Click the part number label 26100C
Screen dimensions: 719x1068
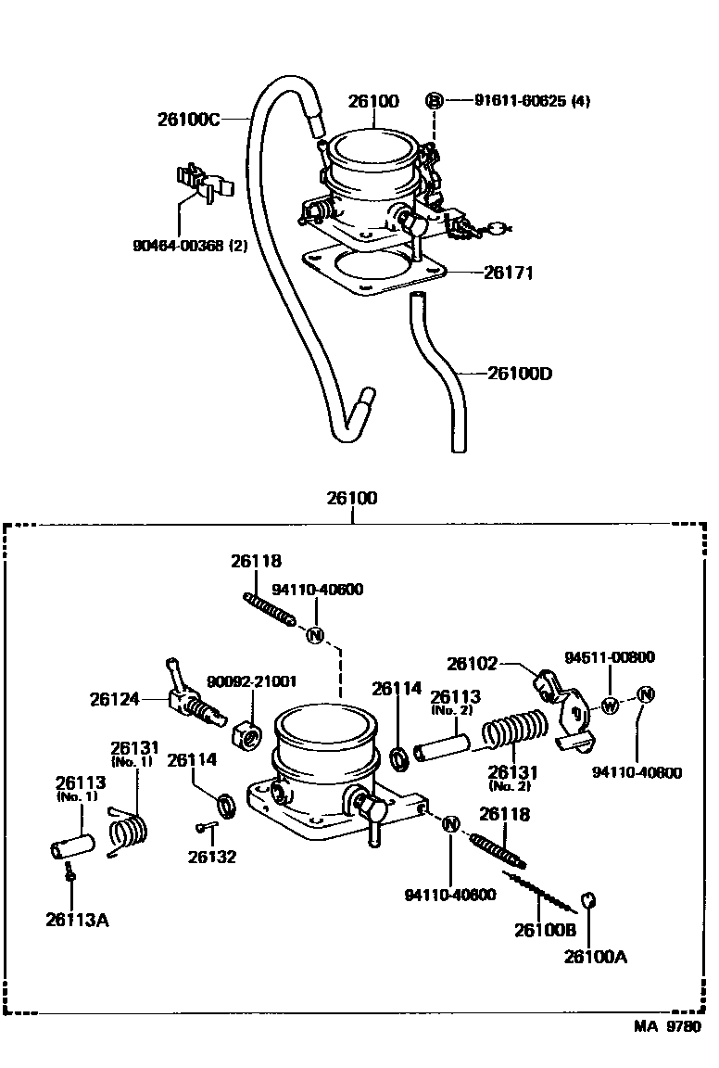point(189,120)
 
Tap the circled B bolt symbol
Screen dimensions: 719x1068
point(434,101)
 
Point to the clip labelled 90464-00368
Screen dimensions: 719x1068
point(203,184)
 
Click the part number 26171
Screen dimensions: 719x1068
point(508,273)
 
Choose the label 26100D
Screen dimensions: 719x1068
point(520,374)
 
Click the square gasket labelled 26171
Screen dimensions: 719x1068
point(373,271)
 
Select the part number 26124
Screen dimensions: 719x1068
point(114,699)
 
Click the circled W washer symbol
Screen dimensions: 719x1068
point(611,706)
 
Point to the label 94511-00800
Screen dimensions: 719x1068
point(610,657)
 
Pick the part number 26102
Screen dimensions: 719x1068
point(472,664)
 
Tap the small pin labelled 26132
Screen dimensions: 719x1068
point(207,827)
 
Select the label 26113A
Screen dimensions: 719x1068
point(78,921)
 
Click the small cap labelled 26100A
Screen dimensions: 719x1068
point(589,902)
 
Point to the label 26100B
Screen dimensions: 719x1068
point(546,930)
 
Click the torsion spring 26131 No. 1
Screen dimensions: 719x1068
point(127,831)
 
